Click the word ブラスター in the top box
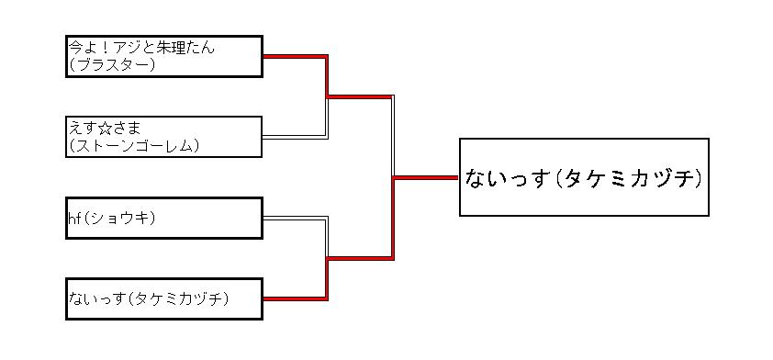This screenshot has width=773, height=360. click(112, 64)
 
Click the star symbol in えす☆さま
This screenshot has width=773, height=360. click(106, 129)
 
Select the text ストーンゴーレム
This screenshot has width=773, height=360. click(133, 145)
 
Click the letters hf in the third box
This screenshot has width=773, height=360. click(74, 218)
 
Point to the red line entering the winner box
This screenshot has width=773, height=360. click(426, 177)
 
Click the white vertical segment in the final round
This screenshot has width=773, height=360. click(393, 136)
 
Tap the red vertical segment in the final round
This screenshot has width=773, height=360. click(393, 219)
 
